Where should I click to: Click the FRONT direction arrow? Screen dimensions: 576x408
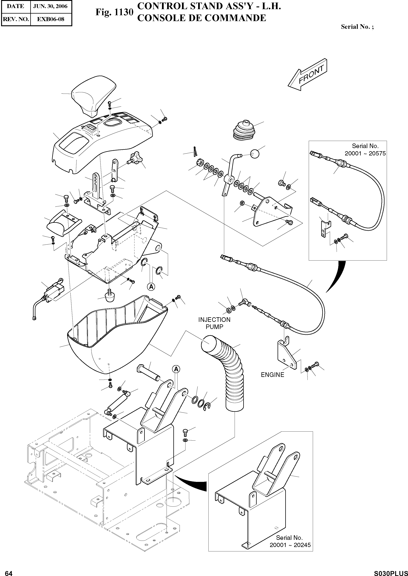coord(308,75)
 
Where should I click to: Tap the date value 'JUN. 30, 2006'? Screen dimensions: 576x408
coord(50,6)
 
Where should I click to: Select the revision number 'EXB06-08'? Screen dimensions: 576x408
coord(50,19)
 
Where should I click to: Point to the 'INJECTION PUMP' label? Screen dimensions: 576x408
coord(214,323)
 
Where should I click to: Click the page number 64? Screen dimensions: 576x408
coord(9,571)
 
